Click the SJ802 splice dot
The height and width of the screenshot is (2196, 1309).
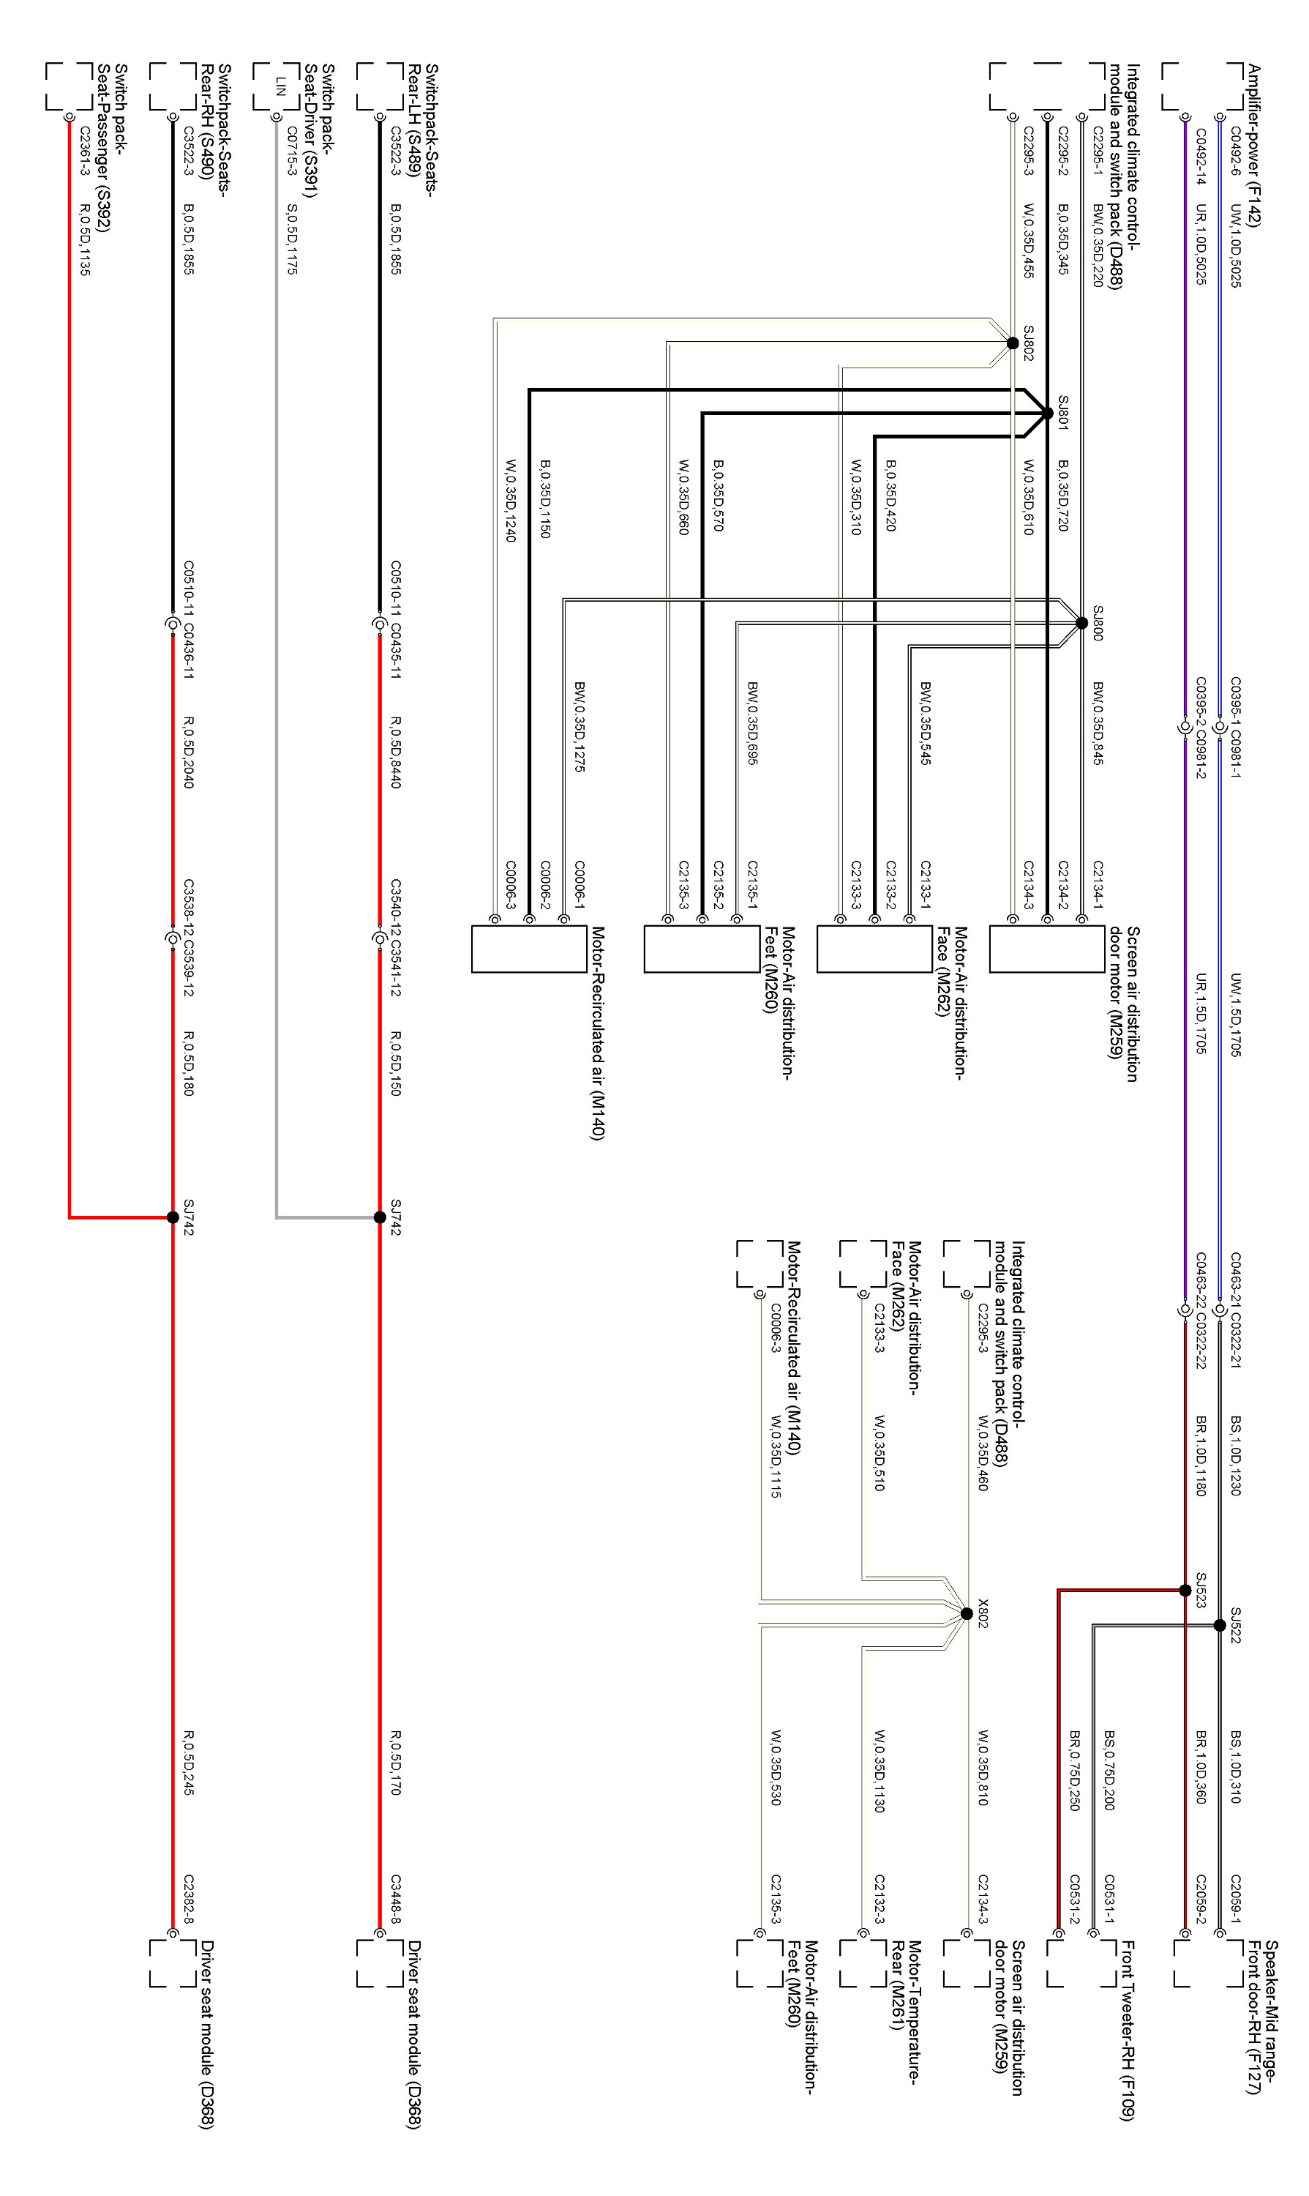[1013, 343]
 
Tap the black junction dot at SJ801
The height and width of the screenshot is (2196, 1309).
[1047, 412]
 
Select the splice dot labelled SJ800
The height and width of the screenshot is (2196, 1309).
[1081, 623]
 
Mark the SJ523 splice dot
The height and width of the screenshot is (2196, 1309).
[1185, 1591]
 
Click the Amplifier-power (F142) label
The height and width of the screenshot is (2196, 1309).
[1253, 146]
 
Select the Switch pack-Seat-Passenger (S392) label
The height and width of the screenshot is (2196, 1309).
[112, 147]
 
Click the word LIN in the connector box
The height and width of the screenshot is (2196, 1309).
[280, 86]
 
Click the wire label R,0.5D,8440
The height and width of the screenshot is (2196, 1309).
[396, 752]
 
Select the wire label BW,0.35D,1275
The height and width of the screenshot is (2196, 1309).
[580, 726]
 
